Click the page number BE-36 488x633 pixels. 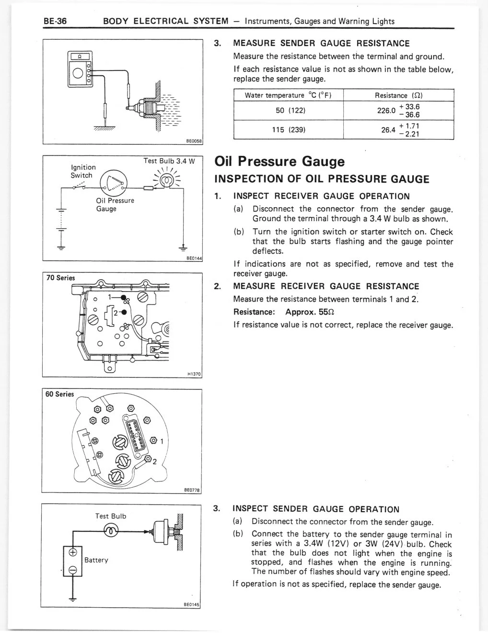point(55,21)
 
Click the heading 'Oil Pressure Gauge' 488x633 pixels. point(279,161)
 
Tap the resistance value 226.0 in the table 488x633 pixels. point(386,110)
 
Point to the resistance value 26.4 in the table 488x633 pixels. point(387,129)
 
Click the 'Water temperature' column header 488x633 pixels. point(288,95)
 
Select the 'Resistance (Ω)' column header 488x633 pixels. point(398,95)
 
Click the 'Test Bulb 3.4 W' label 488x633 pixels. point(168,161)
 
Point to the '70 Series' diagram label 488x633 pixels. point(60,278)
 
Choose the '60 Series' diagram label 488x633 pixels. point(59,394)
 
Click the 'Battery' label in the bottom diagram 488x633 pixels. point(96,560)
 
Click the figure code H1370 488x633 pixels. point(194,374)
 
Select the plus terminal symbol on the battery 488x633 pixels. point(73,552)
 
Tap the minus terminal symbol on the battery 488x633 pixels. point(73,570)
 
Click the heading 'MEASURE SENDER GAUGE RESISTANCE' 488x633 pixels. point(321,44)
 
